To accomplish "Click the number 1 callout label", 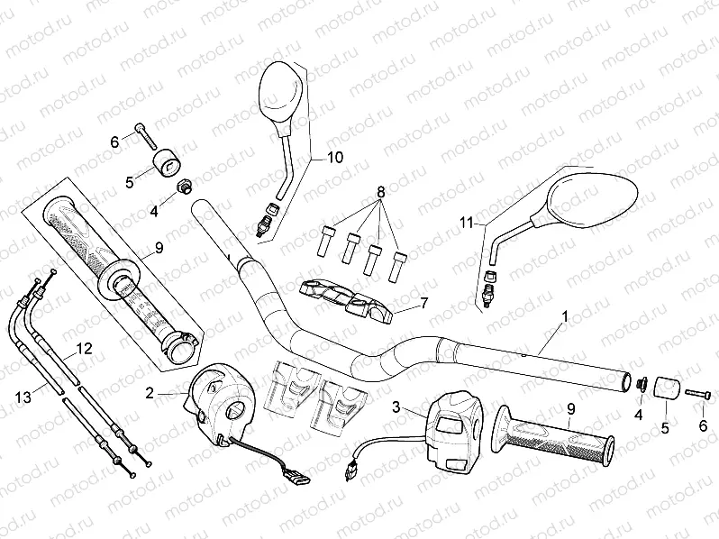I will click(x=565, y=316).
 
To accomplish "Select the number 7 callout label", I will click(x=424, y=304).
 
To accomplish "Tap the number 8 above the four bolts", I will click(x=380, y=192).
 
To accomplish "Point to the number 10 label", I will click(x=333, y=157).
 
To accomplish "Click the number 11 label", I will click(x=467, y=221).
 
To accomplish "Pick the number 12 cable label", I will click(x=84, y=348).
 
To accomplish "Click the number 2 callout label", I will click(x=150, y=392).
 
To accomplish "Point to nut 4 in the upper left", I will click(x=185, y=186).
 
